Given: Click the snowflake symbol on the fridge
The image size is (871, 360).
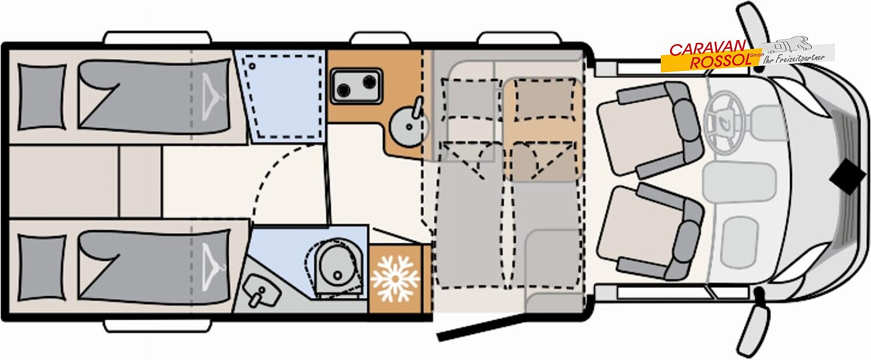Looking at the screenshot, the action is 395,278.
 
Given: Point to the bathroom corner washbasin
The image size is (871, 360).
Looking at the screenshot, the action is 261,292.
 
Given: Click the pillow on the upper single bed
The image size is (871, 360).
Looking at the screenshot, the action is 42,97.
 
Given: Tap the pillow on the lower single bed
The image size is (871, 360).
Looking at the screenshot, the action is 42,268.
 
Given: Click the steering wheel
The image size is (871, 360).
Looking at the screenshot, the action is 724,123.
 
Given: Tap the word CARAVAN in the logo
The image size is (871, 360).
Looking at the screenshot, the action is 707,49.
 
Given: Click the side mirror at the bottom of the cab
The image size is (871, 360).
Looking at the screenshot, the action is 753,326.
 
